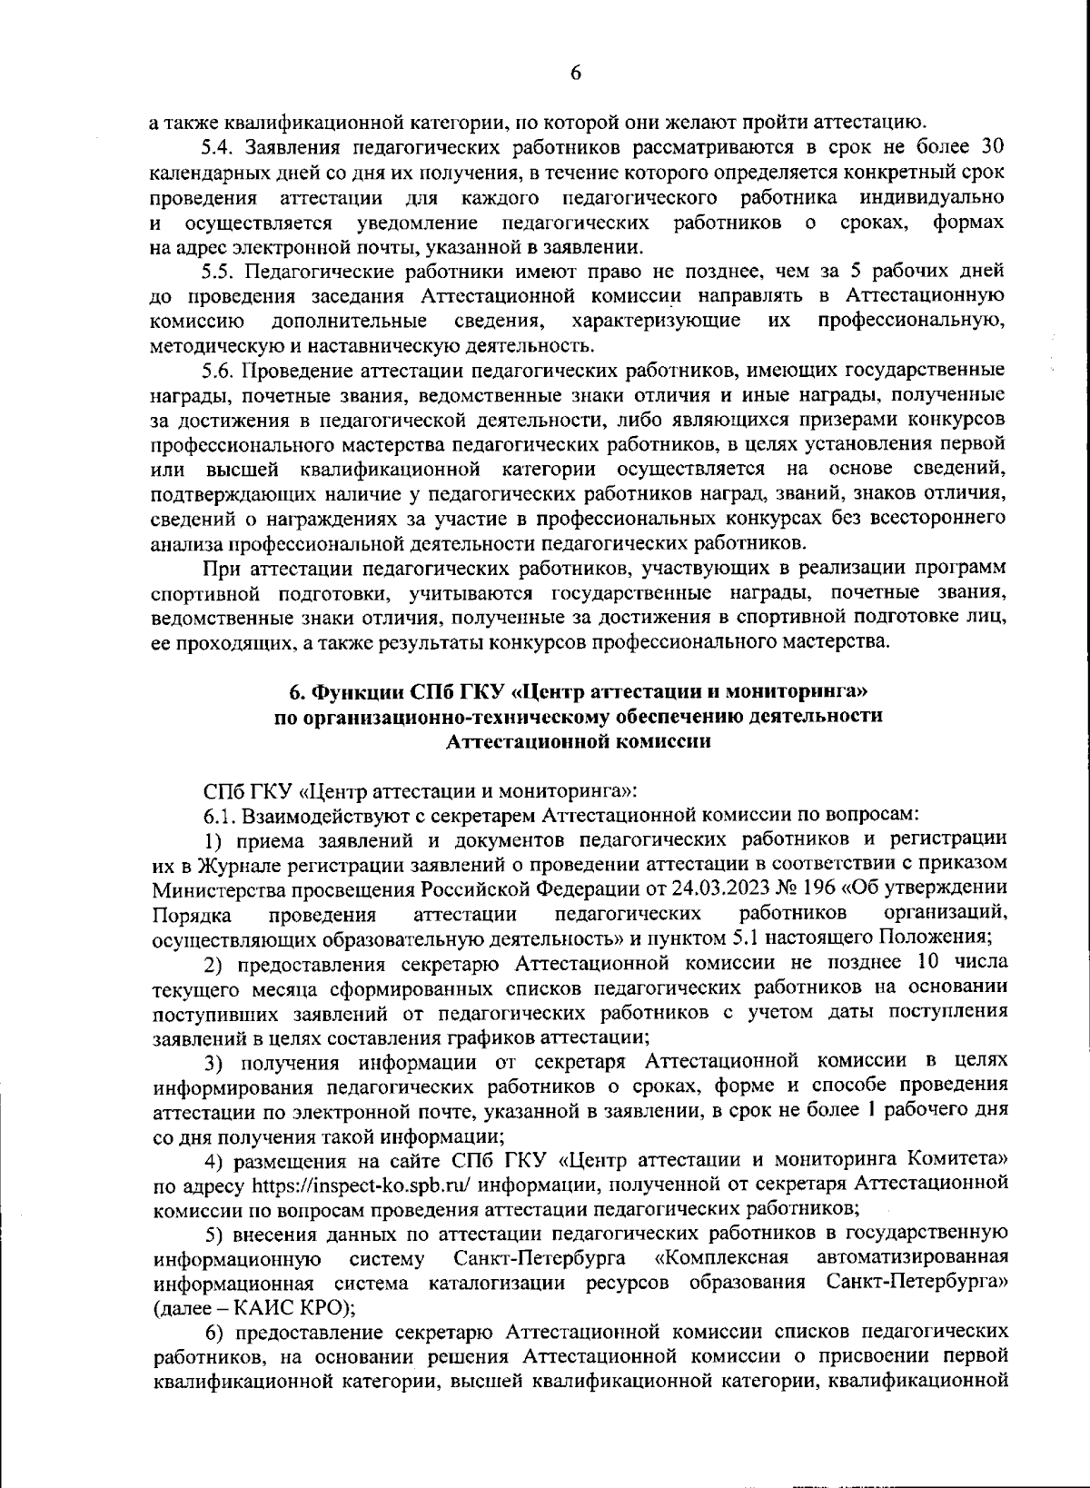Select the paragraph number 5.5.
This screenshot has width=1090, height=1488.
tap(217, 272)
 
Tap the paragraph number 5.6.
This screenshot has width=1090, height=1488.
tap(217, 371)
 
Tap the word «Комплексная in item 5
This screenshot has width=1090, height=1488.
tap(720, 1259)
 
